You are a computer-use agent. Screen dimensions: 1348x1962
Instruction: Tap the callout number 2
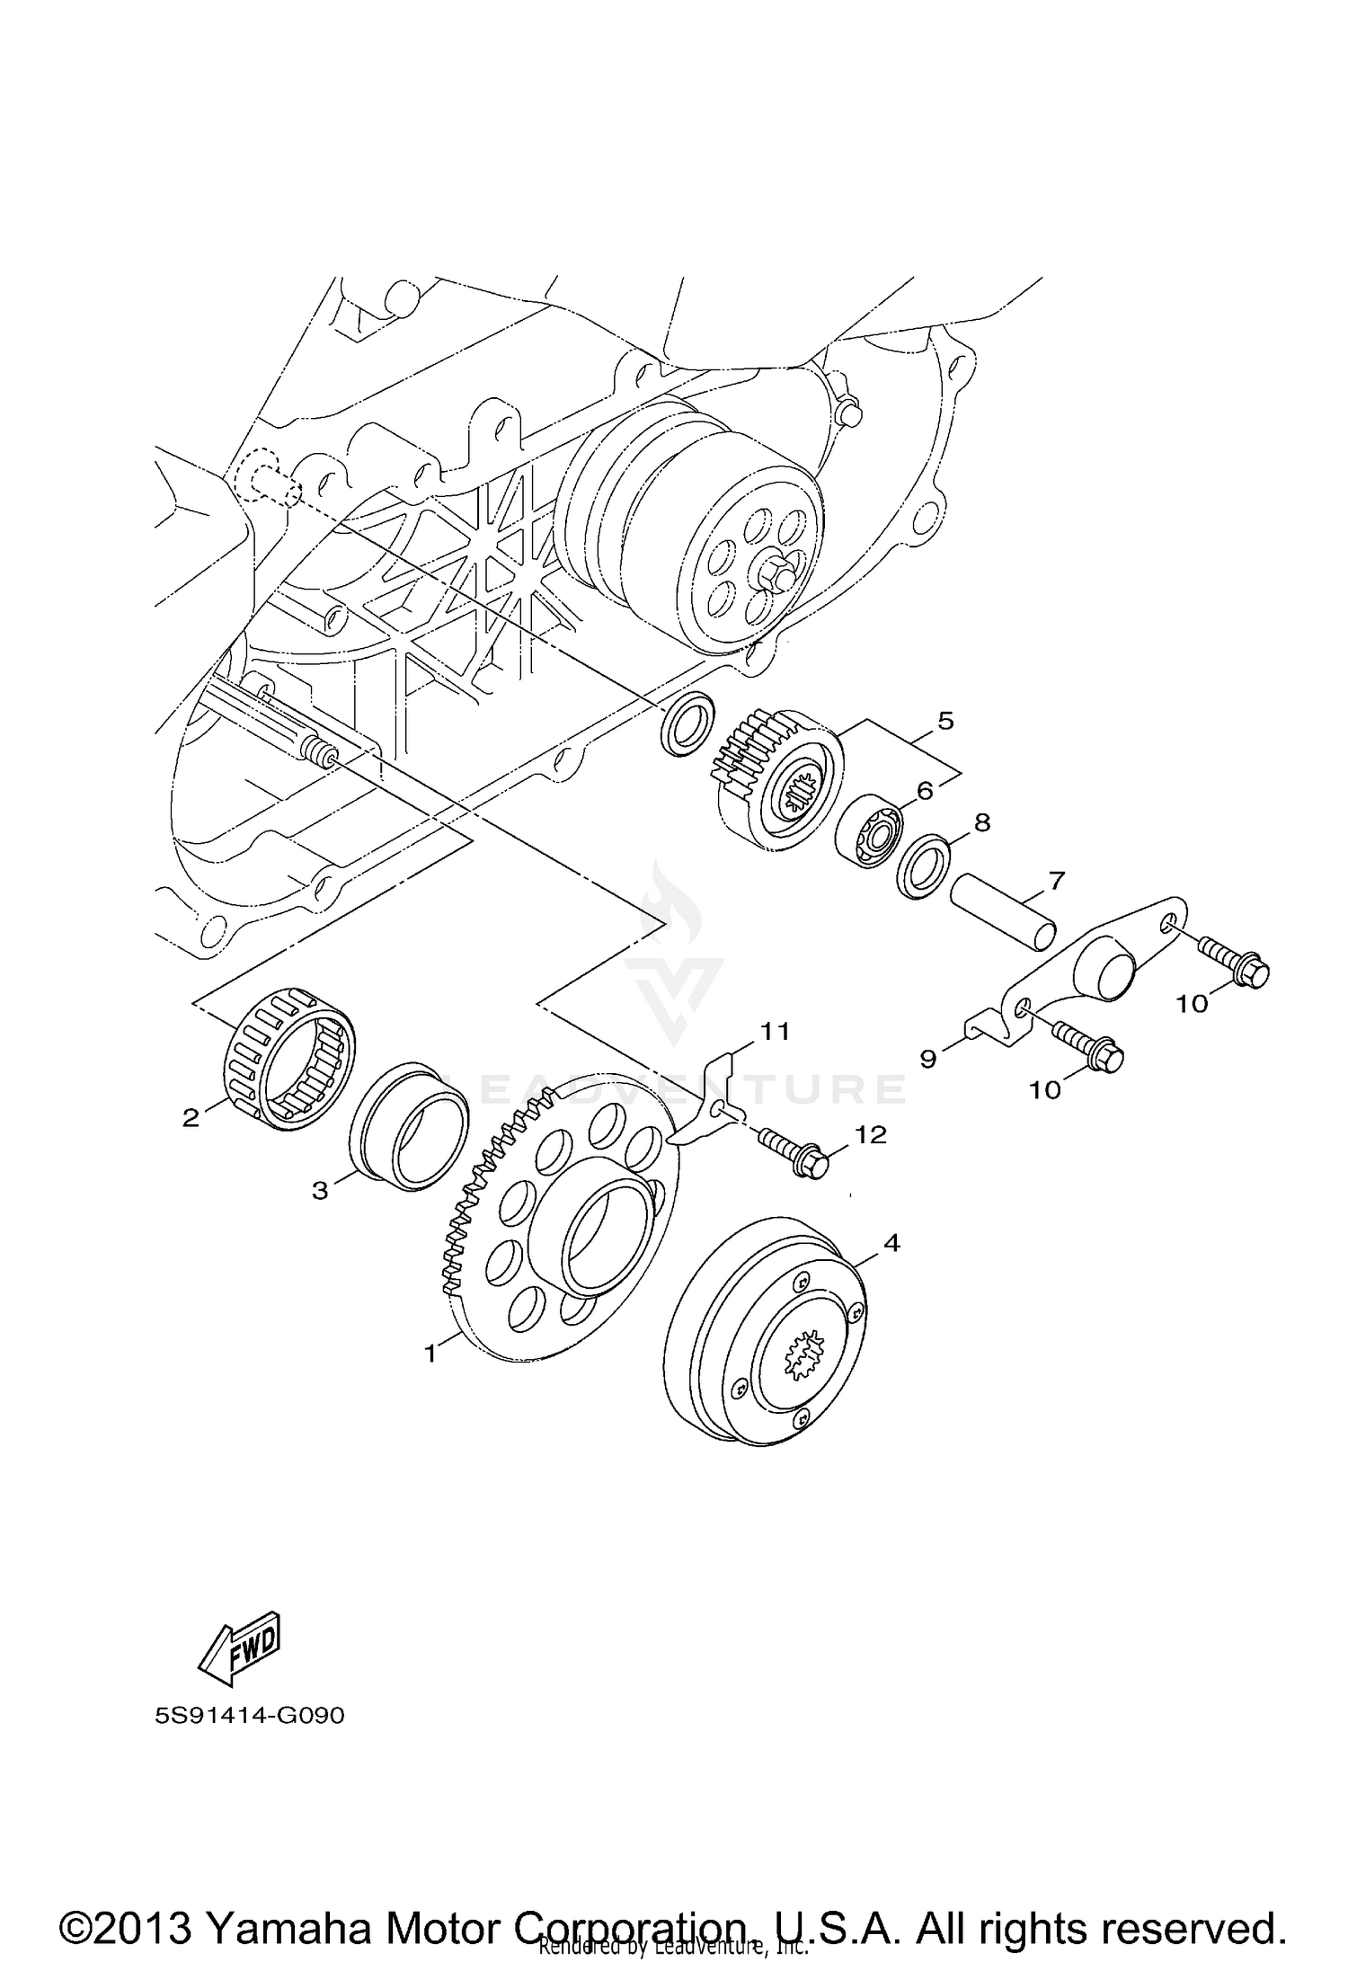click(x=191, y=1119)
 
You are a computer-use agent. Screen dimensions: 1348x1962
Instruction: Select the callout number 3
click(x=320, y=1190)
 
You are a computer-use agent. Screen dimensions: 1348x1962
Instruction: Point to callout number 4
click(x=891, y=1243)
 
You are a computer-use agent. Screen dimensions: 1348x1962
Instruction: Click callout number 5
click(x=944, y=720)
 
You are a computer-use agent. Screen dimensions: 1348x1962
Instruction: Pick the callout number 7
click(x=1056, y=880)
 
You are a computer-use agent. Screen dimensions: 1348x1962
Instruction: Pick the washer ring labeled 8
click(x=923, y=867)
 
